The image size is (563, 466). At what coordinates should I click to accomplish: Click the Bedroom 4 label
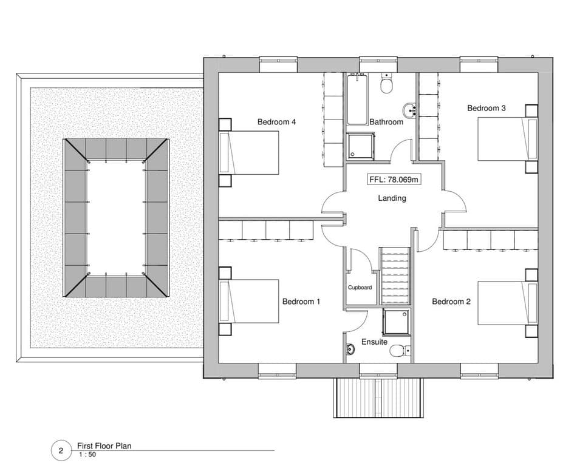[276, 122]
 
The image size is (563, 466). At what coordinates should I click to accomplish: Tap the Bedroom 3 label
[486, 108]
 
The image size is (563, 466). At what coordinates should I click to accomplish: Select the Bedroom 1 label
[301, 302]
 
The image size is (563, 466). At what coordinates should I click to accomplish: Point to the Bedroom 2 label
[451, 302]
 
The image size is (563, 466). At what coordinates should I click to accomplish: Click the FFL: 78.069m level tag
[394, 180]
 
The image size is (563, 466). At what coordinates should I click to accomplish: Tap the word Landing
[392, 198]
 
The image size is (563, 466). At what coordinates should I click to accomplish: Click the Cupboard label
[360, 288]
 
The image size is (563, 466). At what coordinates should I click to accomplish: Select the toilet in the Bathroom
[387, 84]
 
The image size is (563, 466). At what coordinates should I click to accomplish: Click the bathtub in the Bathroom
[357, 99]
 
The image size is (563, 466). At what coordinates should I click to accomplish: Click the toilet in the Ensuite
[400, 351]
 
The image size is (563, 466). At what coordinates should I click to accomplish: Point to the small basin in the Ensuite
[350, 348]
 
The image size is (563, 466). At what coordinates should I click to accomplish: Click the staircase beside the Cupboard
[395, 276]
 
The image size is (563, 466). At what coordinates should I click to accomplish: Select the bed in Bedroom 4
[249, 153]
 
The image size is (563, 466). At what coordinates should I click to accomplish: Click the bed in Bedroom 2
[508, 303]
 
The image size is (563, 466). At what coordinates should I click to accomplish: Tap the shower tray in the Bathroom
[361, 146]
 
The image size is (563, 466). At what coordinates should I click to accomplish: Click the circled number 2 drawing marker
[61, 451]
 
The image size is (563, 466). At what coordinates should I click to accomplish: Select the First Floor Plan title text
[104, 446]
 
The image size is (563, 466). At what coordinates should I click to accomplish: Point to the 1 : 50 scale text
[87, 454]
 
